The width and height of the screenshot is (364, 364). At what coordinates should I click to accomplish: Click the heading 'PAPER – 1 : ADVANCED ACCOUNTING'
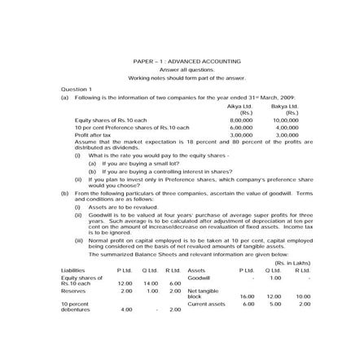tap(186, 61)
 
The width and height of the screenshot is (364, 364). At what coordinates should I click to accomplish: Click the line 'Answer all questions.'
tap(186, 69)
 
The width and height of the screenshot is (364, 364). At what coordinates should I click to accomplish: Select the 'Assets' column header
tap(195, 270)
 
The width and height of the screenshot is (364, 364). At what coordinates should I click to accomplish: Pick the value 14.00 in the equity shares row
tap(150, 283)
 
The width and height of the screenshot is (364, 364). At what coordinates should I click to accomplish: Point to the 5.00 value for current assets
tap(274, 304)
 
